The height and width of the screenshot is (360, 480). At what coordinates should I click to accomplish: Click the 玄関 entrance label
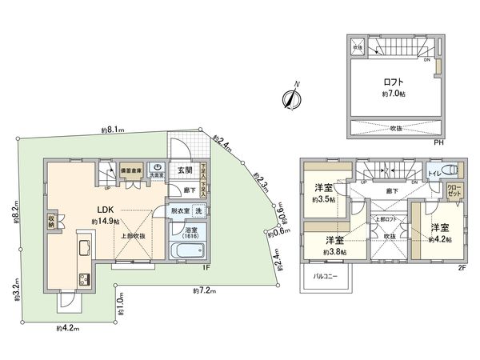[x=185, y=170]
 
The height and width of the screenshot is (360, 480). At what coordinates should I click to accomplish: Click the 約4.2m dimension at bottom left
[x=66, y=327]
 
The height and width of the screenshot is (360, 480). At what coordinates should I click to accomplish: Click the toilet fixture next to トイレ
[x=452, y=169]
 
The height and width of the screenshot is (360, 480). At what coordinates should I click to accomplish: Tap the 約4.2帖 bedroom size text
[x=439, y=238]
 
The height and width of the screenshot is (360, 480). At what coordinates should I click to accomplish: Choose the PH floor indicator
[x=438, y=142]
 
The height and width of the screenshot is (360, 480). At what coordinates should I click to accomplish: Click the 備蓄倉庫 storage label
[x=131, y=170]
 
